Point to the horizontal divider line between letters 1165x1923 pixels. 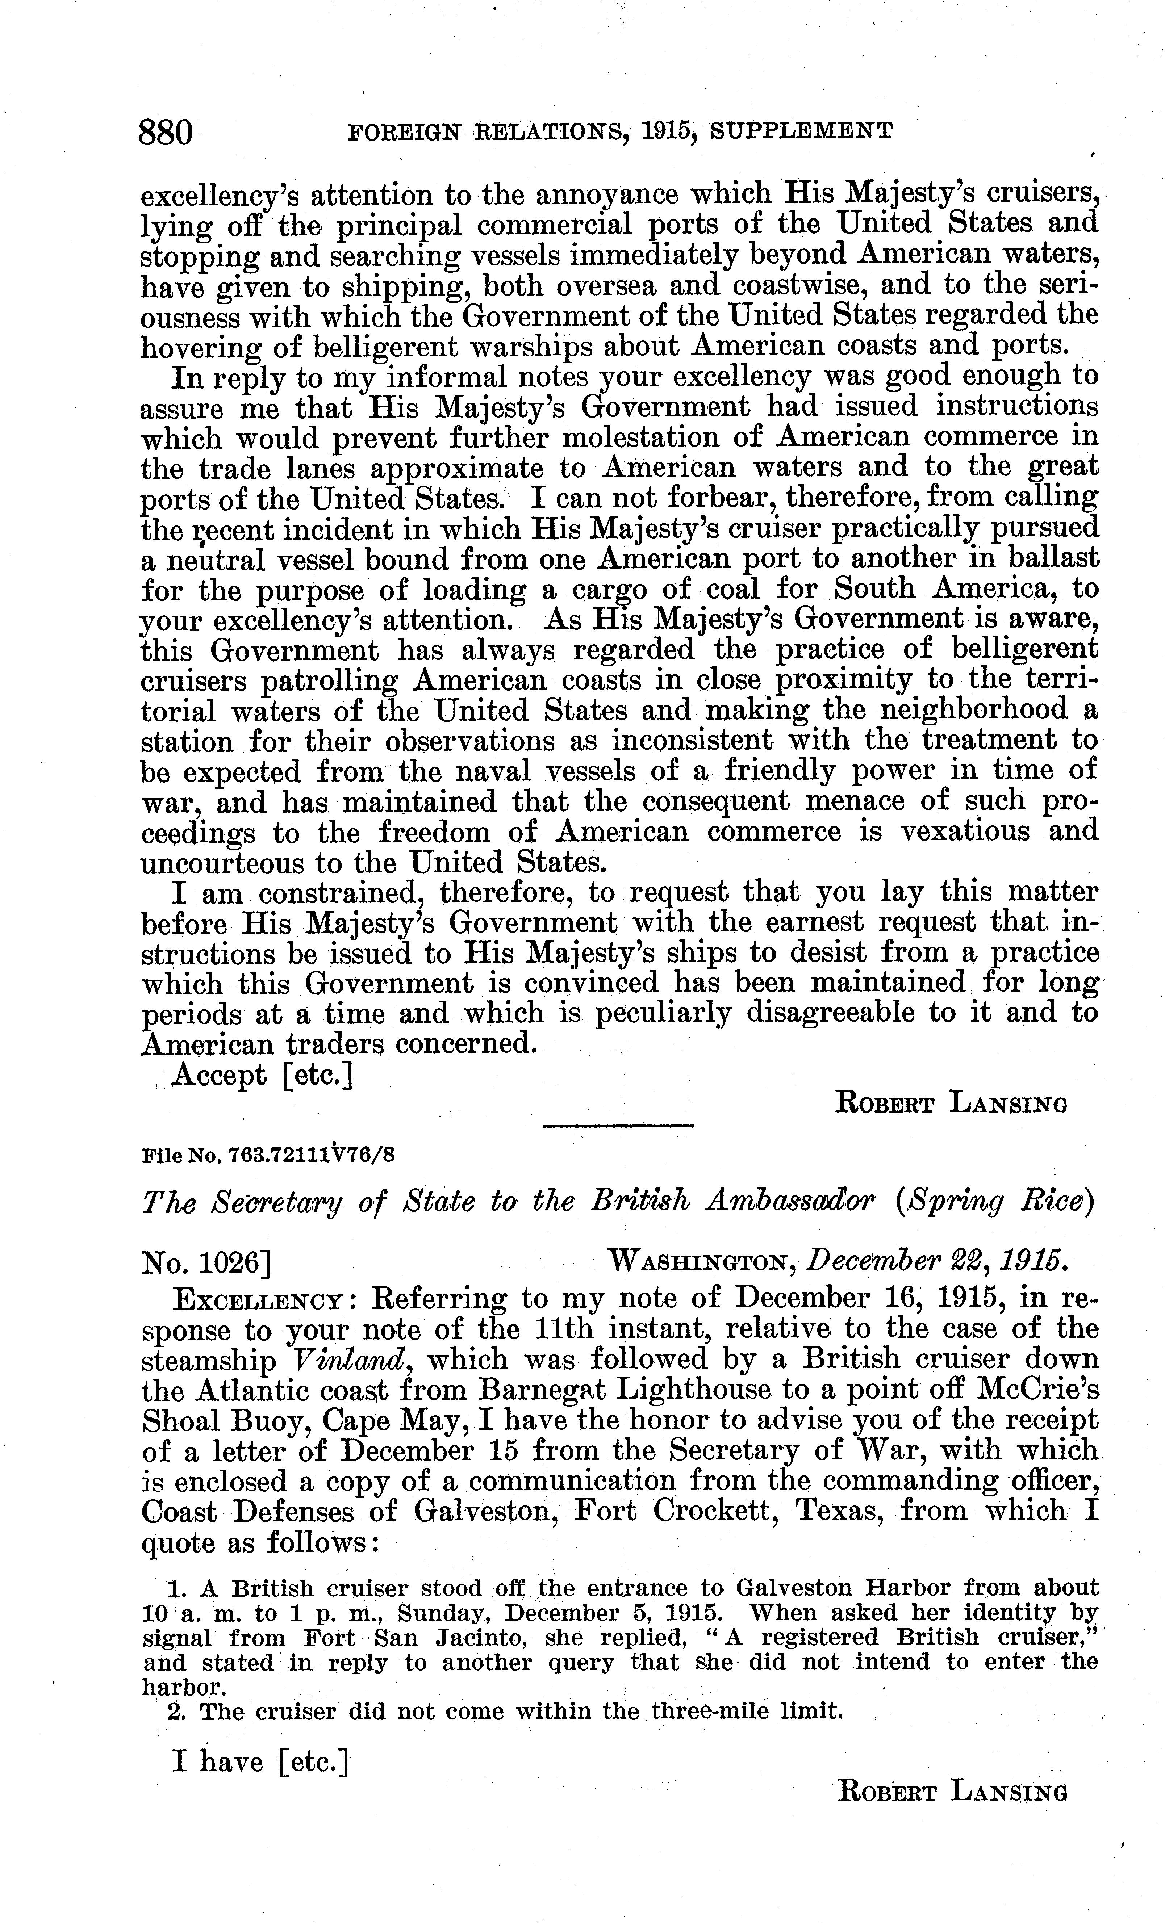point(617,1126)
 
